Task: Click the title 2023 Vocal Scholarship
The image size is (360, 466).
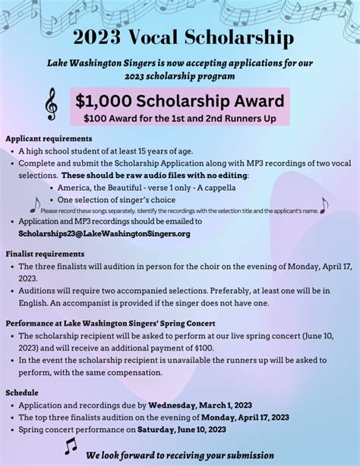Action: [180, 37]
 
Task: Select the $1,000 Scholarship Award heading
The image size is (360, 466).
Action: [180, 100]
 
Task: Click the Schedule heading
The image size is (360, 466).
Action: [22, 392]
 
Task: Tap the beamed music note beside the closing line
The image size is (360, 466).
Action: [70, 446]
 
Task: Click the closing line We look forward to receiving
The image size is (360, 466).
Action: [180, 455]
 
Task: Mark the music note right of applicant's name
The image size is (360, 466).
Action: [324, 205]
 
